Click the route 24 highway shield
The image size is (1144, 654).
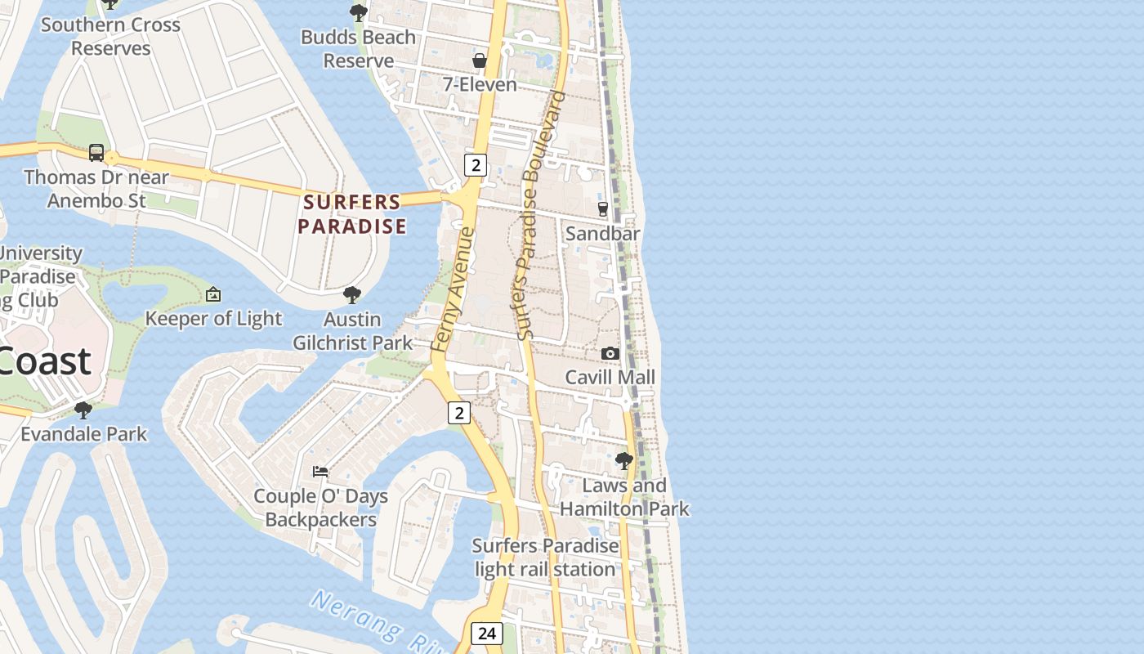pyautogui.click(x=487, y=634)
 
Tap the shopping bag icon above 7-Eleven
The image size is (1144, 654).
pyautogui.click(x=480, y=60)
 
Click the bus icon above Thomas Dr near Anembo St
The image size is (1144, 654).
pyautogui.click(x=96, y=153)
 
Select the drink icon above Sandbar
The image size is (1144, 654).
pyautogui.click(x=603, y=209)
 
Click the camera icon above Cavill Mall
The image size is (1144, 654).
pyautogui.click(x=610, y=353)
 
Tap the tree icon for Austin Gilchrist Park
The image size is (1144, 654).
pyautogui.click(x=352, y=294)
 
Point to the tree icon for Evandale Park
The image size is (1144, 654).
pyautogui.click(x=83, y=410)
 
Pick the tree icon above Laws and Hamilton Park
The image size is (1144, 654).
pyautogui.click(x=624, y=461)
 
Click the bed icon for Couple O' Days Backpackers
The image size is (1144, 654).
pyautogui.click(x=320, y=472)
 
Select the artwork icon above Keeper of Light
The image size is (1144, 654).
pyautogui.click(x=213, y=294)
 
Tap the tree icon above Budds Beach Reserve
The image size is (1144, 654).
pyautogui.click(x=358, y=12)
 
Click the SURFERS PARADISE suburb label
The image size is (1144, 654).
pyautogui.click(x=352, y=214)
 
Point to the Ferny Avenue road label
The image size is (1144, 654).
pyautogui.click(x=453, y=290)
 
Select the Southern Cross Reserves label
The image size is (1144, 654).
pyautogui.click(x=110, y=37)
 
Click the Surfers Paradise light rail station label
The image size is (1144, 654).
pyautogui.click(x=545, y=558)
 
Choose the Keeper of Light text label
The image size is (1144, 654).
pyautogui.click(x=213, y=319)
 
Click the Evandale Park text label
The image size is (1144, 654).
pyautogui.click(x=83, y=434)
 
